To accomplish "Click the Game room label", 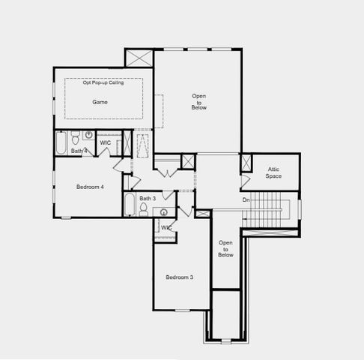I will tap(100, 101).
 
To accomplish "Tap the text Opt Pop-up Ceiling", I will tap(103, 82).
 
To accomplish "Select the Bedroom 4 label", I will tap(90, 186).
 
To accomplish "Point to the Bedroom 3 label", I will tap(179, 277).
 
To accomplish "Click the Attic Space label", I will tap(274, 172).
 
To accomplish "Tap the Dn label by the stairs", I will tap(246, 200).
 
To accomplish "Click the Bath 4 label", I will tap(79, 151).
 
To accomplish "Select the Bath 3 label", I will tap(148, 198).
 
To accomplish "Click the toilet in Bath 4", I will tap(75, 137).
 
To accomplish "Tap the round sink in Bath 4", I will tap(88, 136).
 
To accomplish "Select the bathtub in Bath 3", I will tap(130, 205).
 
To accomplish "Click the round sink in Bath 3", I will tap(158, 211).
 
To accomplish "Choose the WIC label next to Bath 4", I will tap(106, 142).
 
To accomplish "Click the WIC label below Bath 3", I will tap(166, 227).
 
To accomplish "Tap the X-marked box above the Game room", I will tap(139, 58).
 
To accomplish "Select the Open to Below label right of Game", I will tap(199, 102).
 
